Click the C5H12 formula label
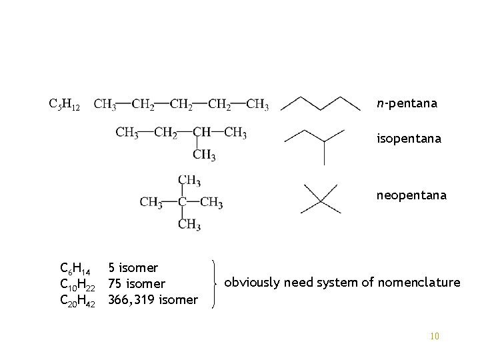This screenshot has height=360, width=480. (x=65, y=105)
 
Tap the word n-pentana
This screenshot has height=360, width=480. (x=407, y=104)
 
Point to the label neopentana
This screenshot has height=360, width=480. (x=411, y=196)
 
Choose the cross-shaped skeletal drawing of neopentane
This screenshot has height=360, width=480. (x=321, y=199)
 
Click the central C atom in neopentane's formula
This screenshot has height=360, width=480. (x=181, y=202)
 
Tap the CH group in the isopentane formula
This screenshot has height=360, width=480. (x=203, y=133)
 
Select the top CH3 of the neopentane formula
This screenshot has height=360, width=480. (x=189, y=180)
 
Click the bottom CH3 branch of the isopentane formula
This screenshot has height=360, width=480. (x=204, y=156)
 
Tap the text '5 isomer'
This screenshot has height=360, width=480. (x=133, y=268)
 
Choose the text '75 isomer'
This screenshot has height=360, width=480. (x=137, y=285)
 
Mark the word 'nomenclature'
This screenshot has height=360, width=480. (x=419, y=283)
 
